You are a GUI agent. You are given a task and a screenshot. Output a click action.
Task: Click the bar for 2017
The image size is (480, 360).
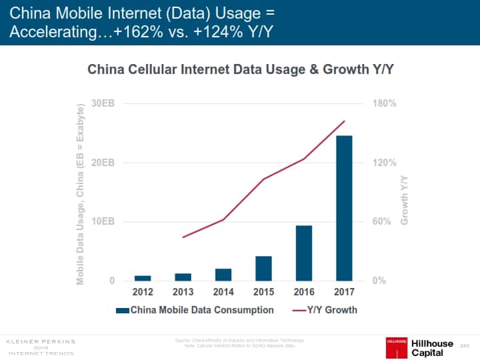[344, 208]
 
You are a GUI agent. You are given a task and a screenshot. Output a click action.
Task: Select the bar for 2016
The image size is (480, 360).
[304, 253]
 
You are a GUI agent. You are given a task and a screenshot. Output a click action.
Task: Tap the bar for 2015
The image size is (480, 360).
[263, 268]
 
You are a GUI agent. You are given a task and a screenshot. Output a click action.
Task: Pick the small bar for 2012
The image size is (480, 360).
[143, 277]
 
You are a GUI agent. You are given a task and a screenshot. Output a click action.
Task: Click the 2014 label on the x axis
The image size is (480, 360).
[223, 292]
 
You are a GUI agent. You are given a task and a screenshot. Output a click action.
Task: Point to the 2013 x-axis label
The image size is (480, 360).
[183, 292]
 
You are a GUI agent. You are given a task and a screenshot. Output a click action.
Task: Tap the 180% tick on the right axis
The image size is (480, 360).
[385, 104]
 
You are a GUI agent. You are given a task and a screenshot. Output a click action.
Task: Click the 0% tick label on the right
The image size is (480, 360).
[379, 281]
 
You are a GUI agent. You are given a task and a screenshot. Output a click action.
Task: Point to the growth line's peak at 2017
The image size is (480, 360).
[344, 121]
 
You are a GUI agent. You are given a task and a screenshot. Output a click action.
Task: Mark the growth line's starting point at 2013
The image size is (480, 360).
[183, 237]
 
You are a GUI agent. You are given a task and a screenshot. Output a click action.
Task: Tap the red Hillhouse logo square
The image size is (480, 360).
[397, 348]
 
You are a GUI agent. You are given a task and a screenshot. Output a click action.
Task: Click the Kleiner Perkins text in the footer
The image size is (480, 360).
[41, 341]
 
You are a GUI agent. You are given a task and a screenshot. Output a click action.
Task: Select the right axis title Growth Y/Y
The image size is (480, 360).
[404, 199]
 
